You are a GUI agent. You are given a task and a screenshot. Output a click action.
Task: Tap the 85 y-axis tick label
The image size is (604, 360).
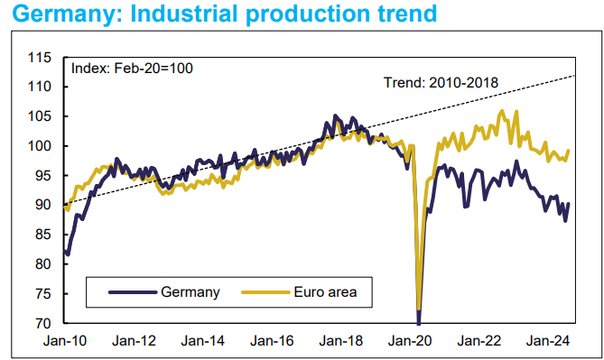[43, 235]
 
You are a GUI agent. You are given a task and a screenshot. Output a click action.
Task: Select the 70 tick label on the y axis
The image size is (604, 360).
[43, 323]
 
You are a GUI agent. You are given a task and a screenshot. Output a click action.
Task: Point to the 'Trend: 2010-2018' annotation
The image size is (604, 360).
[441, 83]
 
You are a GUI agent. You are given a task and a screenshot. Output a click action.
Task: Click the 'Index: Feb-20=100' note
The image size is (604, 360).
[132, 68]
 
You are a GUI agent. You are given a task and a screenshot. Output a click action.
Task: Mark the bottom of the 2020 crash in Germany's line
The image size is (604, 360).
[419, 321]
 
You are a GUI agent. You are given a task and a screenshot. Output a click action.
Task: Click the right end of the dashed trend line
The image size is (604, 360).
[575, 76]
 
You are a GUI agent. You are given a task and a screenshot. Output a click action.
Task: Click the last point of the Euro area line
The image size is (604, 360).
[569, 151]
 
